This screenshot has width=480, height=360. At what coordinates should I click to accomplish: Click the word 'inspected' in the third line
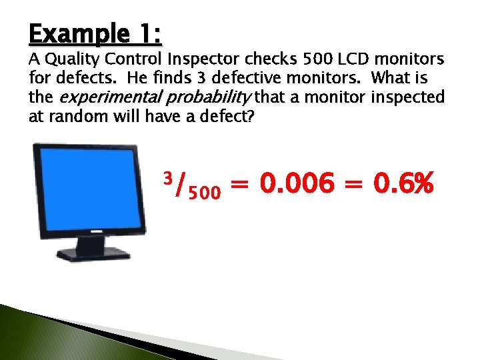407,98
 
